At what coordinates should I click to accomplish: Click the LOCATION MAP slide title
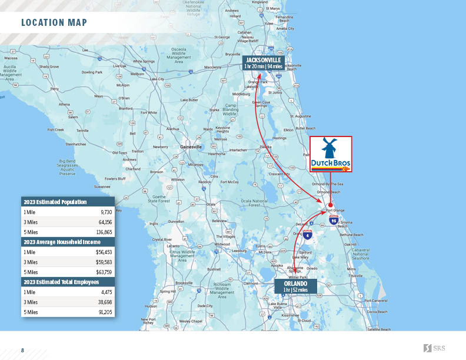(54, 23)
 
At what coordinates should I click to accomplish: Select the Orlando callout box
(295, 286)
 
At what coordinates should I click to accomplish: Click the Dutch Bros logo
(331, 154)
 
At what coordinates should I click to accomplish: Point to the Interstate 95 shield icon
(334, 220)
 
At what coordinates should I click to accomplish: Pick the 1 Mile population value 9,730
(106, 212)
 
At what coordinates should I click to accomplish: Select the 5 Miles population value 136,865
(104, 232)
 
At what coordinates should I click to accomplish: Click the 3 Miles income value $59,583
(104, 262)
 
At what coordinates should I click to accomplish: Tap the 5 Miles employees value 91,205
(104, 312)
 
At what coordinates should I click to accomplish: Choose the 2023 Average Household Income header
(62, 242)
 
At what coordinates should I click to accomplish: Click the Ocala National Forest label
(254, 203)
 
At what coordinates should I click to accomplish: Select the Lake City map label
(157, 79)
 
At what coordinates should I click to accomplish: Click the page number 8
(22, 351)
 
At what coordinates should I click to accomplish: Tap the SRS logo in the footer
(434, 349)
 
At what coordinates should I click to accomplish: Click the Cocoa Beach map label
(377, 312)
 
